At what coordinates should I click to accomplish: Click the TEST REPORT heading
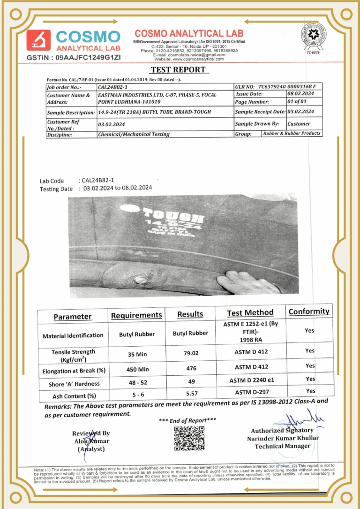click(x=178, y=70)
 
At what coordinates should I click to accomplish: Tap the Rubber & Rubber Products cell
click(x=292, y=133)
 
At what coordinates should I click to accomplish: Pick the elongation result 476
click(x=190, y=369)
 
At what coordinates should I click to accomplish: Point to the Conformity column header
click(x=308, y=311)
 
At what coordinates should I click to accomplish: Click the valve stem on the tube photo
click(x=139, y=281)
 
